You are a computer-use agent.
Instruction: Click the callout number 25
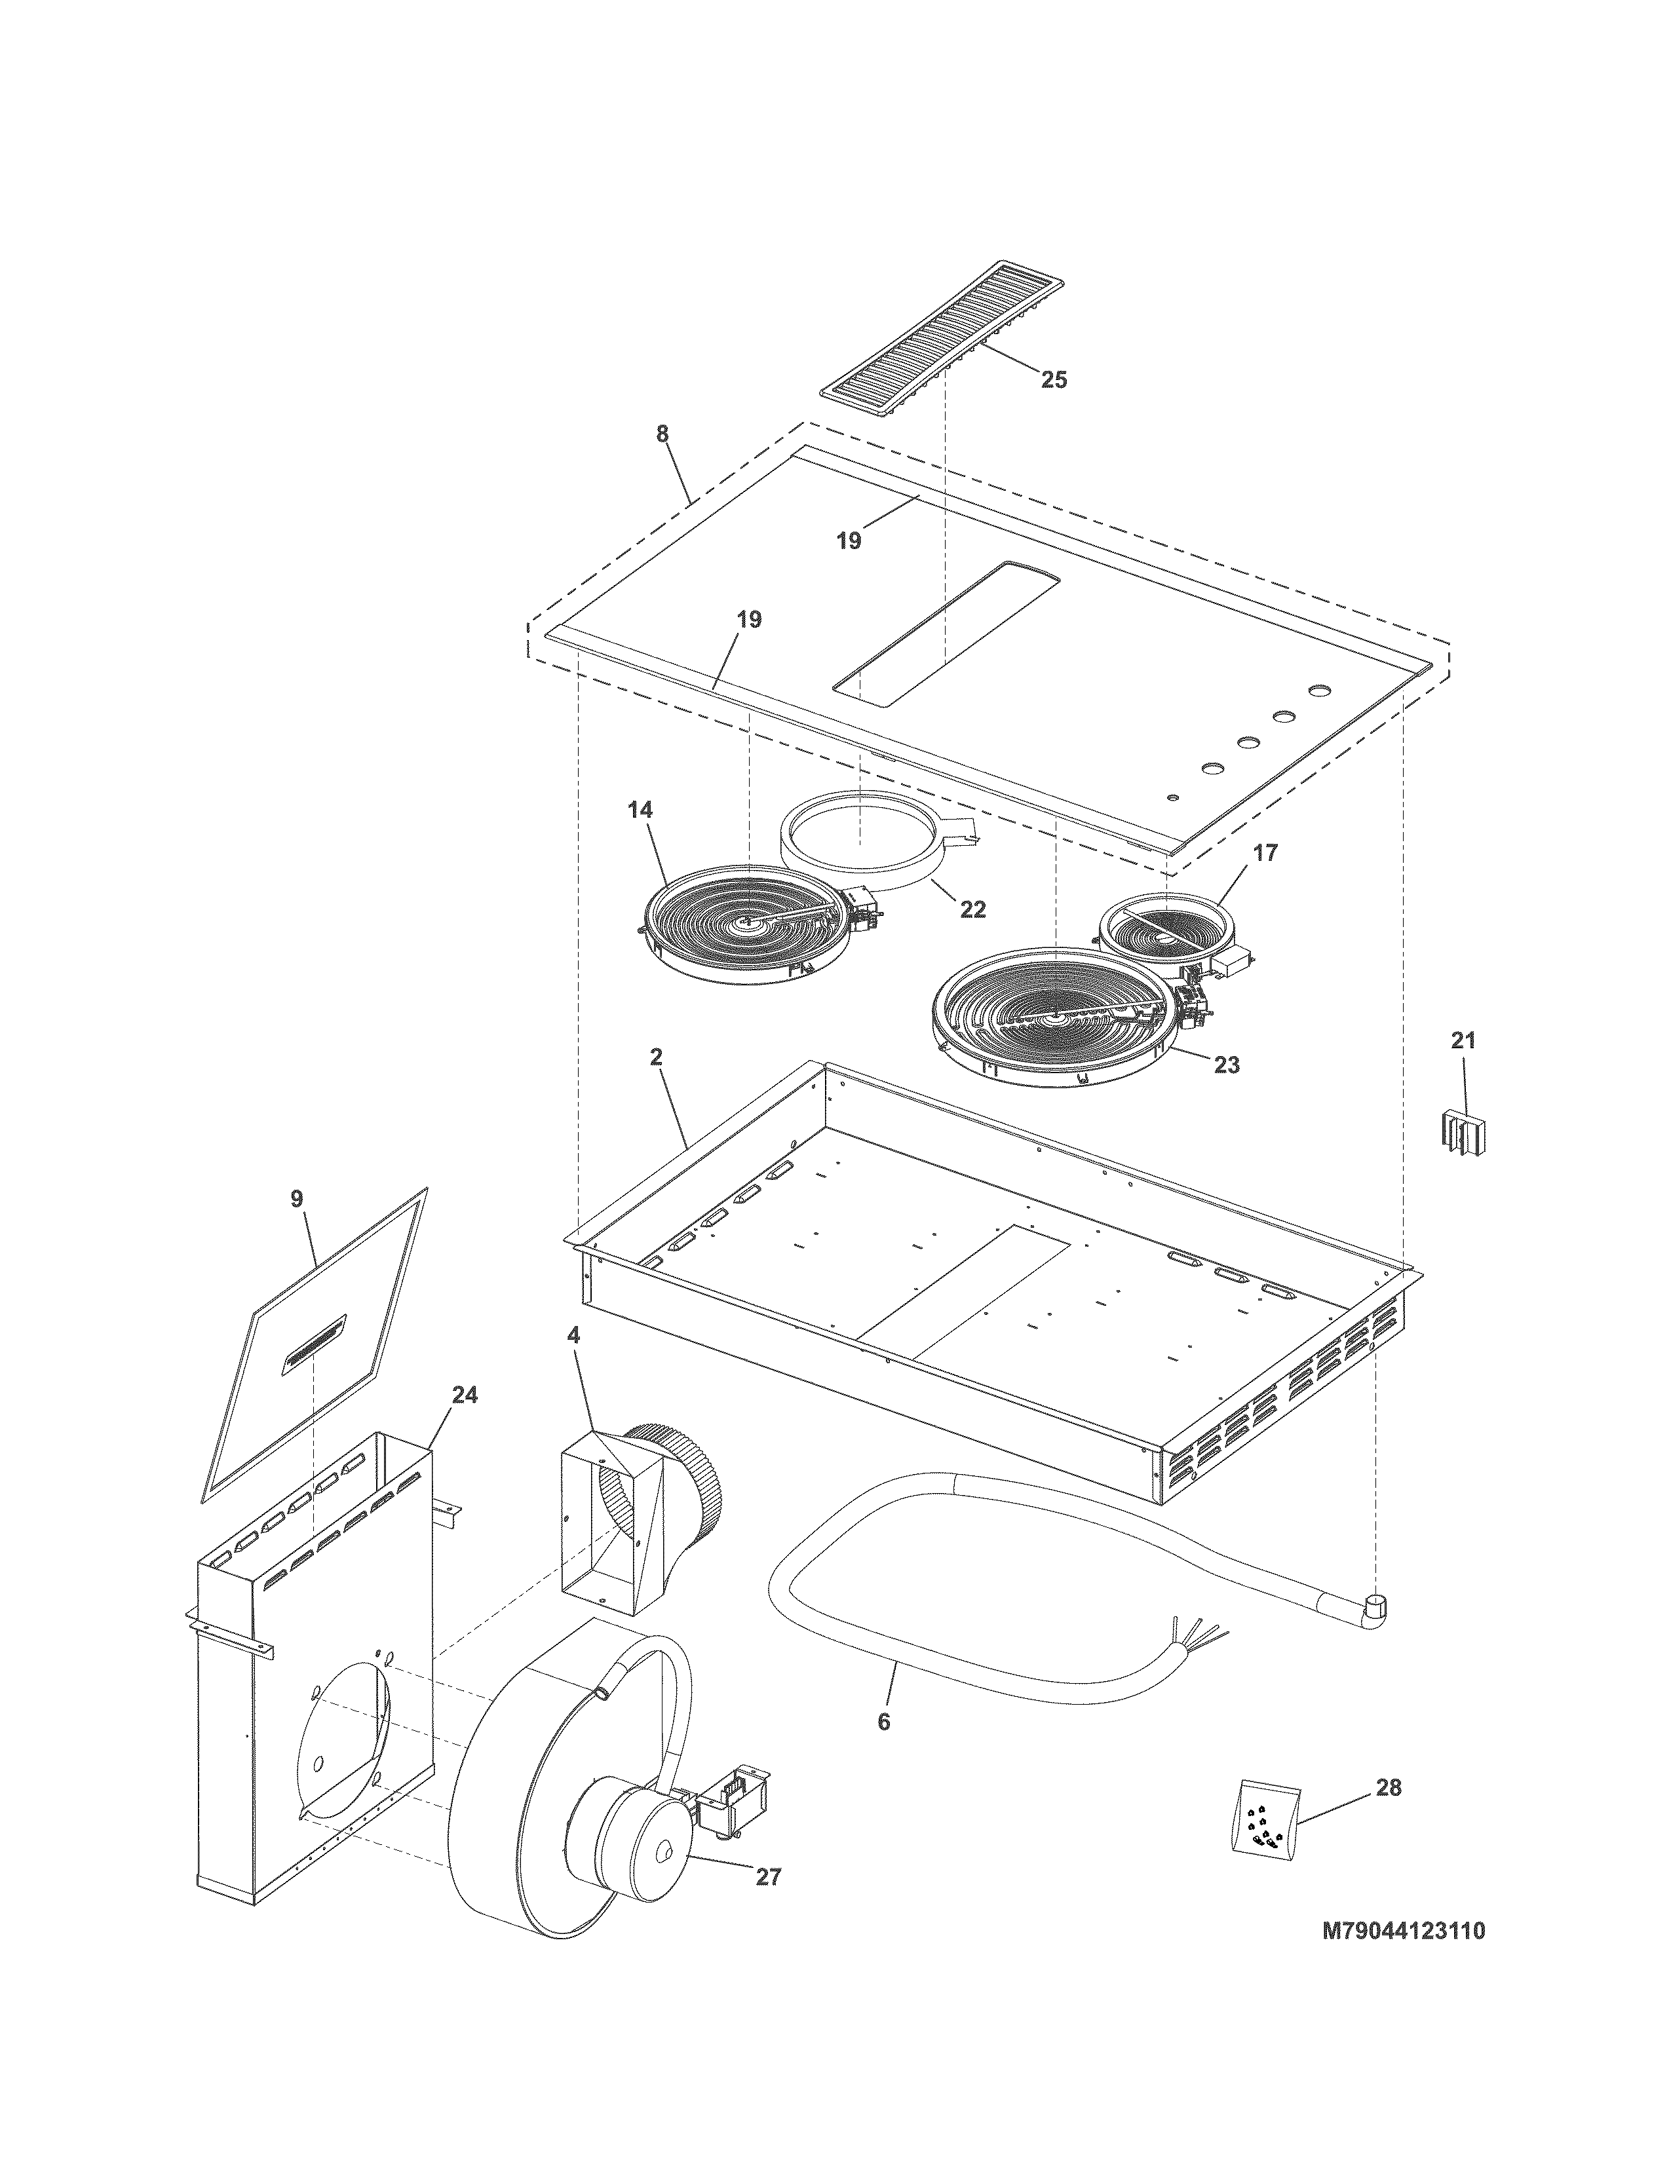[x=1053, y=379]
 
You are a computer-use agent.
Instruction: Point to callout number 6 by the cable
[x=884, y=1722]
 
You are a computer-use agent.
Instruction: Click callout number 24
[x=465, y=1395]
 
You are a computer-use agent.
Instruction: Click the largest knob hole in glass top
[x=1318, y=689]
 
